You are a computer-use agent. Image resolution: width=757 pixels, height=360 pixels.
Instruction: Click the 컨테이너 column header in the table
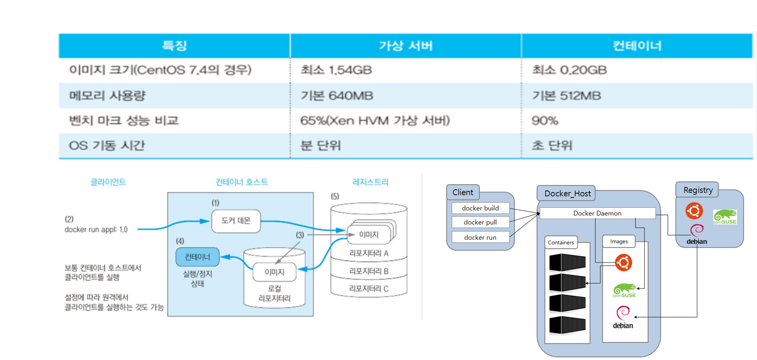(637, 46)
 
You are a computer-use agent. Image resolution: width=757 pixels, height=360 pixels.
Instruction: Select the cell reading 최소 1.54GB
(336, 70)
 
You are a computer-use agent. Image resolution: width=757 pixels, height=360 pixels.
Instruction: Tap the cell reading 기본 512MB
(566, 96)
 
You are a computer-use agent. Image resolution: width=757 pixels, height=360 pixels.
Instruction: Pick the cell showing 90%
(545, 121)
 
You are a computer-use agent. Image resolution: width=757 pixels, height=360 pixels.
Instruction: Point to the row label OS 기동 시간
(107, 146)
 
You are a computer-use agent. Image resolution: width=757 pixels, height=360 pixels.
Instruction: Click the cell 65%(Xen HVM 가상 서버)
(375, 121)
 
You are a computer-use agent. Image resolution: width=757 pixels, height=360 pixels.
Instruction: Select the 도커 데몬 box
(236, 221)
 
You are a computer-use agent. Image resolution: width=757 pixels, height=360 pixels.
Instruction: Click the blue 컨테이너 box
(197, 257)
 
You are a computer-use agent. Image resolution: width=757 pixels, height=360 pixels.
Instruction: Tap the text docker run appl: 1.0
(96, 229)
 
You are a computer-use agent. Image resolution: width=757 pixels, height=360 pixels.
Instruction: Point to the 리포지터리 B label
(369, 271)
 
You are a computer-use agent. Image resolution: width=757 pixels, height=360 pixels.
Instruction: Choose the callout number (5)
(335, 196)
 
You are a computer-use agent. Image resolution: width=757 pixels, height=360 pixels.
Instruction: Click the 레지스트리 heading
(370, 182)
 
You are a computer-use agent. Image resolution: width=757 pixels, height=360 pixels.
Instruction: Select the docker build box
(480, 208)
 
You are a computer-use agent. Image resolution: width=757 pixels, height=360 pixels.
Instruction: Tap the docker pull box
(480, 222)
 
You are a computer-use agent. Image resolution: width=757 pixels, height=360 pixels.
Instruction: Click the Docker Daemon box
(597, 213)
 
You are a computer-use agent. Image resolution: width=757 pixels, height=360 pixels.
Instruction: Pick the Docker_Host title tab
(567, 193)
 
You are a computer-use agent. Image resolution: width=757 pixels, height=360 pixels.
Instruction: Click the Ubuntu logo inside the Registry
(694, 211)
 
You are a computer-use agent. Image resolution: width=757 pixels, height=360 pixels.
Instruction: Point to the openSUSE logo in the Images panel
(624, 290)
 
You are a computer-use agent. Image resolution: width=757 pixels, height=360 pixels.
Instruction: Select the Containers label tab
(560, 243)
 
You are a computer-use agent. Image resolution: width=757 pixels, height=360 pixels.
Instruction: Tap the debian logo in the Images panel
(623, 317)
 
